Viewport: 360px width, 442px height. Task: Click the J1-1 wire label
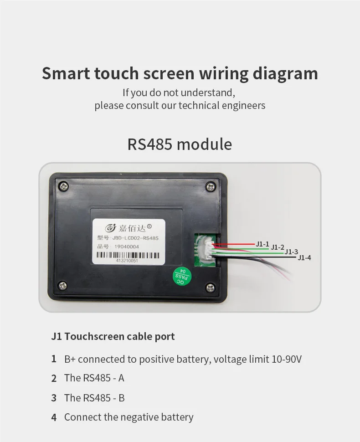(x=262, y=244)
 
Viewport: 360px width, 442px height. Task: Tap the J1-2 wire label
(x=278, y=247)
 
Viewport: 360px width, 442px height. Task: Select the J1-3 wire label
(x=291, y=252)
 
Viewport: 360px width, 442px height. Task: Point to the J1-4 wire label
(x=304, y=257)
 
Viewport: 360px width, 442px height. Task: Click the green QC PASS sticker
(x=182, y=276)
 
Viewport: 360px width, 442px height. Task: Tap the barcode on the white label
(x=128, y=255)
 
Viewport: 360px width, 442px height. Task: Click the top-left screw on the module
(x=63, y=186)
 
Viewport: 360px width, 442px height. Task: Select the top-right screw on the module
(x=211, y=187)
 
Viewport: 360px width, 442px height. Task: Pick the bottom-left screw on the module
(x=62, y=286)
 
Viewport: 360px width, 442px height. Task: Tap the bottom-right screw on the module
(x=210, y=288)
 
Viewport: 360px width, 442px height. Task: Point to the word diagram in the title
(x=285, y=74)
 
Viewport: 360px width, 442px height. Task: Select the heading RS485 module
(x=180, y=144)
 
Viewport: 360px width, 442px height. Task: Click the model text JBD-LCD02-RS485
(x=135, y=238)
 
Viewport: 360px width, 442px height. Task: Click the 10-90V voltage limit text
(x=287, y=359)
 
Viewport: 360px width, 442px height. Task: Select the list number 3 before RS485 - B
(x=54, y=398)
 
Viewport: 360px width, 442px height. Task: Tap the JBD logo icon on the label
(x=111, y=227)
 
